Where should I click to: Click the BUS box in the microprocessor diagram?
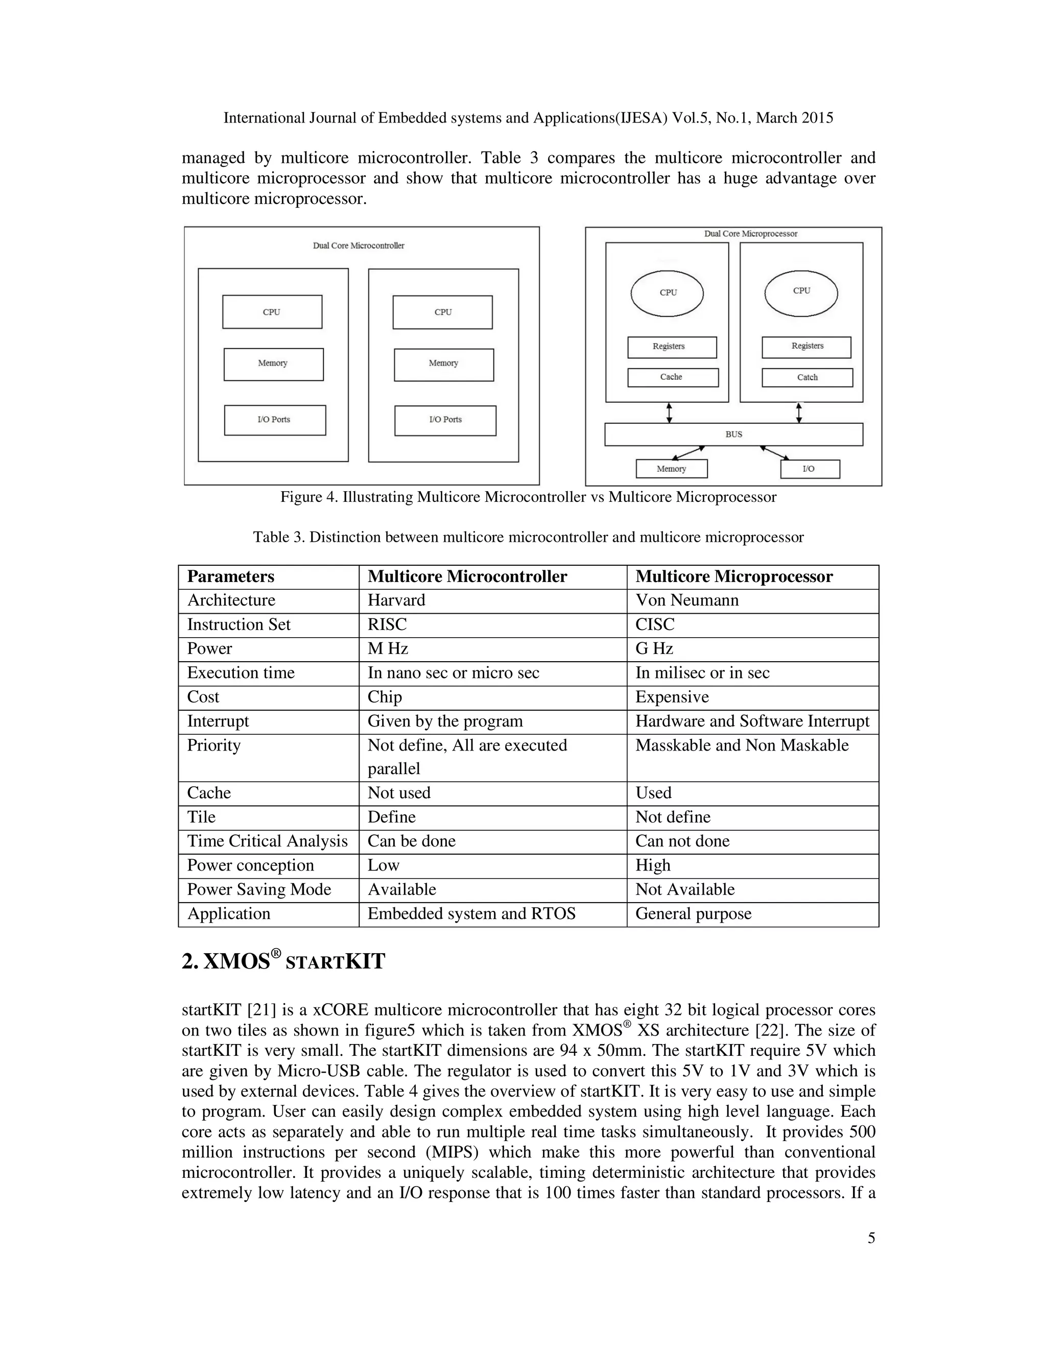[x=733, y=434]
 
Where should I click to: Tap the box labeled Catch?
[x=807, y=377]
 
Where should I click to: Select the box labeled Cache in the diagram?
[x=672, y=377]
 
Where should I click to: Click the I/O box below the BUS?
[x=810, y=469]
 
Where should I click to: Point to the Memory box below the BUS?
[x=671, y=469]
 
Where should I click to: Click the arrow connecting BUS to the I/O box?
[x=778, y=453]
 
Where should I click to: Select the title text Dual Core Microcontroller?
[x=358, y=246]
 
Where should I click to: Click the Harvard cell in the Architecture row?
[x=396, y=600]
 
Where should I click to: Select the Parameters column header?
[x=230, y=577]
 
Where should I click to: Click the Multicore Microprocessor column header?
[x=734, y=577]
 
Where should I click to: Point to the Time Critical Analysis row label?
[x=267, y=841]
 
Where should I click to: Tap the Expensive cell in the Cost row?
[x=672, y=697]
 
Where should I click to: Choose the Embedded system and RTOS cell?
[x=471, y=914]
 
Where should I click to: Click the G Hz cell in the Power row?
[x=654, y=648]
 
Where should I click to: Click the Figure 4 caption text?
[x=528, y=497]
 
